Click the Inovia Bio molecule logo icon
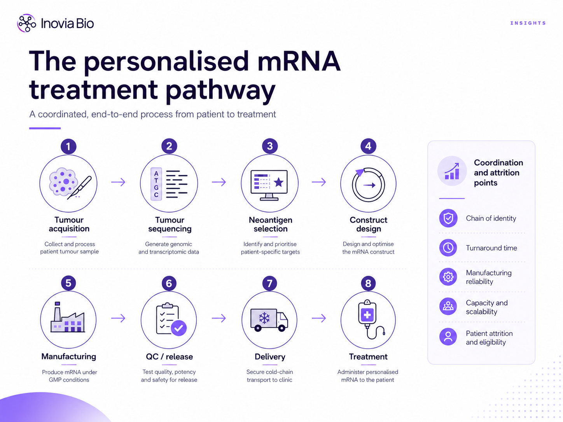coord(26,23)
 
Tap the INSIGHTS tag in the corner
coord(528,23)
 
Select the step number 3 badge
coord(270,146)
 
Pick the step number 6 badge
coord(169,283)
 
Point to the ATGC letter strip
coord(156,184)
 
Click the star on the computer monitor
coord(278,182)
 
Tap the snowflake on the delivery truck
coord(264,318)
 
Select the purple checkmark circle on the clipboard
coord(179,328)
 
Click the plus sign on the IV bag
coord(367,315)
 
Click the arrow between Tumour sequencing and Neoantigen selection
coord(219,182)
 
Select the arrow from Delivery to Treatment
coord(319,318)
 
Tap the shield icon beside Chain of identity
coord(448,218)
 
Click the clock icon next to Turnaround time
coord(448,248)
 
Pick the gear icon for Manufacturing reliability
coord(448,277)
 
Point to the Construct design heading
coord(368,224)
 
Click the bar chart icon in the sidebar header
coord(452,171)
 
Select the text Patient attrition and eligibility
coord(489,338)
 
